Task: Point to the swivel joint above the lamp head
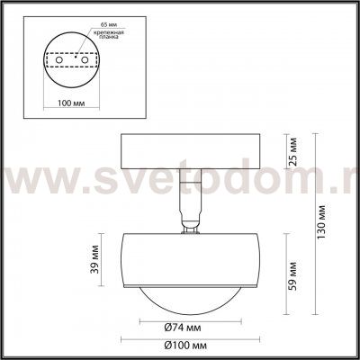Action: coord(190,226)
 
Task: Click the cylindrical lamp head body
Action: coord(190,261)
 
